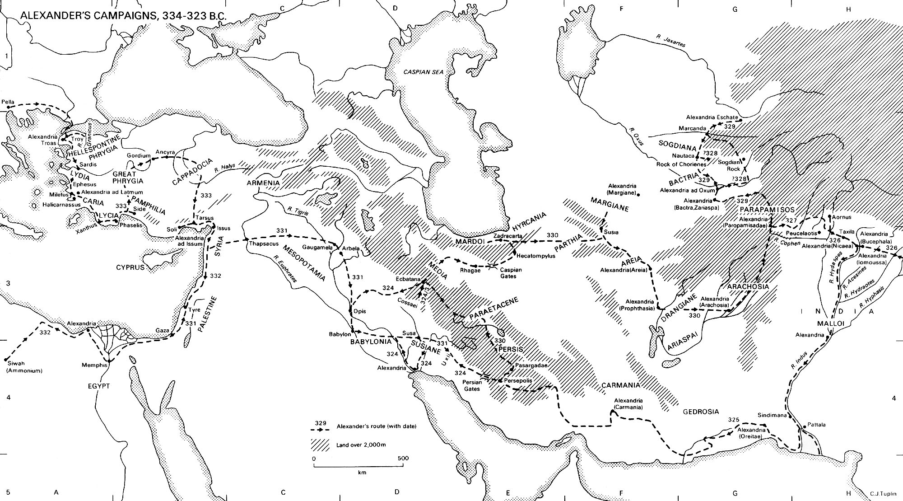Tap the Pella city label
tap(8, 102)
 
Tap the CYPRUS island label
tap(130, 267)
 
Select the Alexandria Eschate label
tap(712, 117)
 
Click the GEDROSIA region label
tap(700, 412)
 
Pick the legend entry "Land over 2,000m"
tap(361, 445)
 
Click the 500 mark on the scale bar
tap(403, 458)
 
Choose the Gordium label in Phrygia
tap(138, 155)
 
